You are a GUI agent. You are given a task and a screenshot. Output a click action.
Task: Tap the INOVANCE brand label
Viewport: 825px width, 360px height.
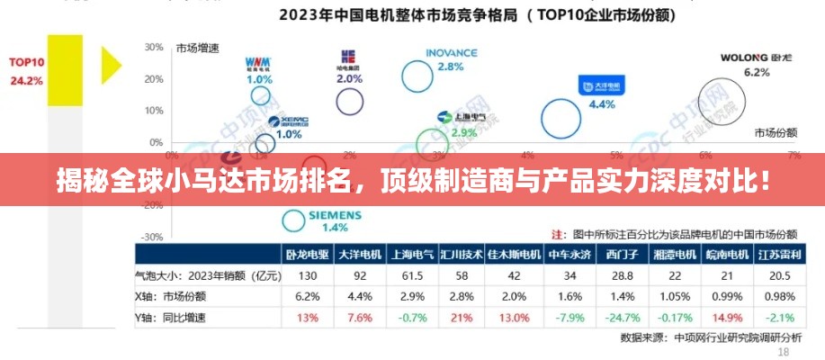(451, 52)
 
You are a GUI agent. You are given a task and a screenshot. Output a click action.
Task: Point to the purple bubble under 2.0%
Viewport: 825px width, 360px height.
(349, 101)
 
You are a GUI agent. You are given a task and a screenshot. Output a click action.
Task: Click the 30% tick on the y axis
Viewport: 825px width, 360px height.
(153, 47)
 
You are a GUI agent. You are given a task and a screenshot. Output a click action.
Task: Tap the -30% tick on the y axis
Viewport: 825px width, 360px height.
(152, 237)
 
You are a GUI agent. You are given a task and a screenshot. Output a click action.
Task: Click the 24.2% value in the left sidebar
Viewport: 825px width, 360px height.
(26, 80)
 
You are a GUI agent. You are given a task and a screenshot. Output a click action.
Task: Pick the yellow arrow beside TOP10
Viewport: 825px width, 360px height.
(111, 65)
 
